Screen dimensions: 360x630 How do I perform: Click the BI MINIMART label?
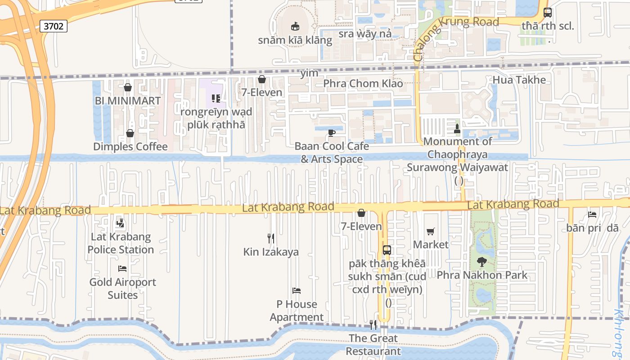128,101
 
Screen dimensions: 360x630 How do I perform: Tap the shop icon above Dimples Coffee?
130,133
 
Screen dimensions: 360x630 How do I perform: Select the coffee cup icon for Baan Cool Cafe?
332,133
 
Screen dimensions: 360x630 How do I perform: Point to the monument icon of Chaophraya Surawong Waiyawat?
457,129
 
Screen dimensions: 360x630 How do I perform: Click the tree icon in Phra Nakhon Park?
482,261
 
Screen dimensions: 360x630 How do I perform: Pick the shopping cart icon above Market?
431,231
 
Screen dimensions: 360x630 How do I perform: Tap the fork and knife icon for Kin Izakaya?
271,238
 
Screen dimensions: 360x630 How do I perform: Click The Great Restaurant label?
373,345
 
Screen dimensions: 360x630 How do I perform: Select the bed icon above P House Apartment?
296,291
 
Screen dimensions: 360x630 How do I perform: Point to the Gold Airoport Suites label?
122,288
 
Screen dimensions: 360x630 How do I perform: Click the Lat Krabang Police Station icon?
120,223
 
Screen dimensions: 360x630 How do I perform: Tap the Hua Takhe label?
519,80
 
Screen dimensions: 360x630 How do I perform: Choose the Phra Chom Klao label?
363,83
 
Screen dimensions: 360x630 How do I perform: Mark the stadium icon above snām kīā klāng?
295,26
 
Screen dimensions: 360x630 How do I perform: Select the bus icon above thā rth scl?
548,13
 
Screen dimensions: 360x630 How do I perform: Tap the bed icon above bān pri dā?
592,215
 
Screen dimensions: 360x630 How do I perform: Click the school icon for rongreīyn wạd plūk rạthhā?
216,98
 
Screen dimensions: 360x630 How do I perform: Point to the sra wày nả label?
365,34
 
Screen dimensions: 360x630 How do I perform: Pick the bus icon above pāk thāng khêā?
387,250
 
